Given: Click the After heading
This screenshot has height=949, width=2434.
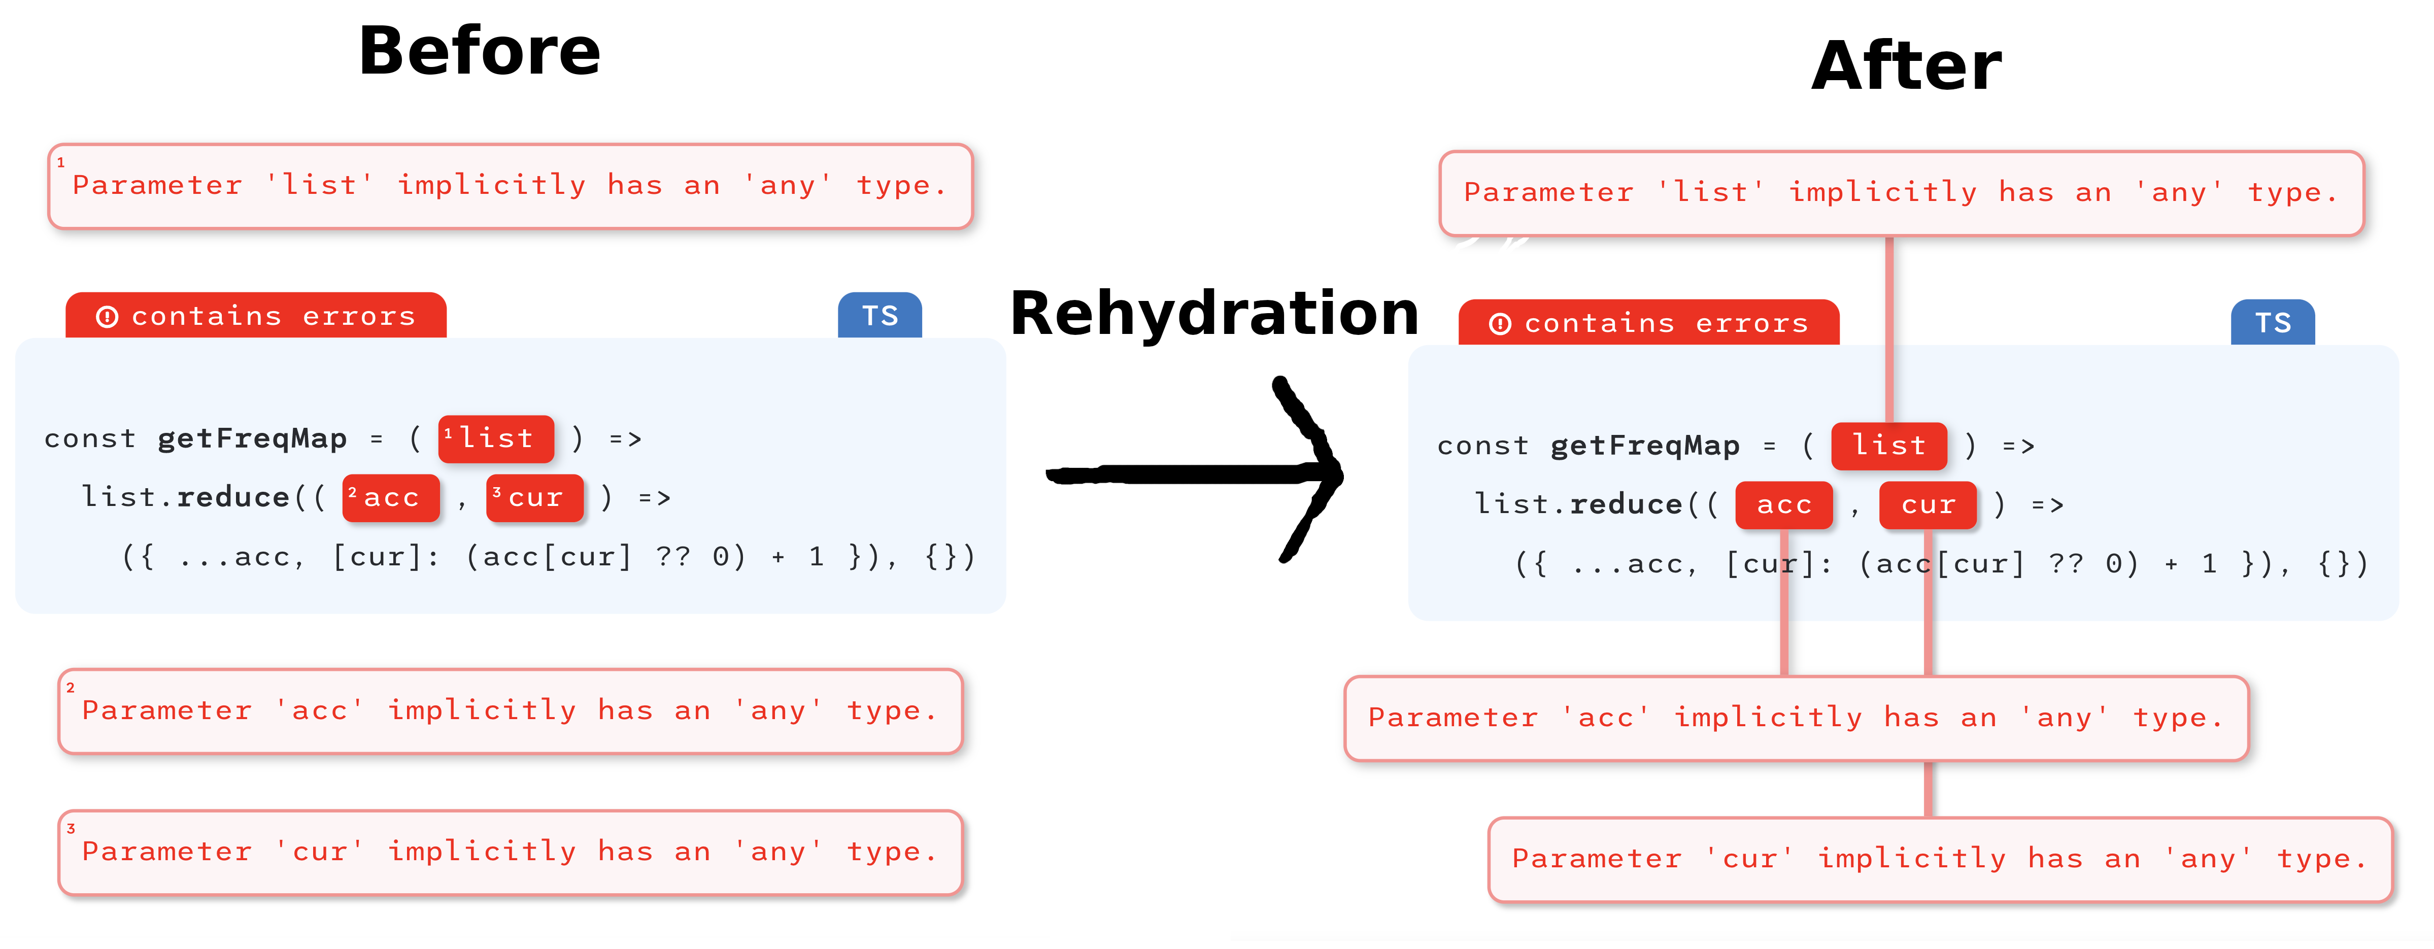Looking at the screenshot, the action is (1907, 66).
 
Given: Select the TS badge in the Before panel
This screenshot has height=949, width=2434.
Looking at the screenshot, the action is (880, 316).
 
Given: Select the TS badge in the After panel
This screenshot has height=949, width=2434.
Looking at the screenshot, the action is (2273, 323).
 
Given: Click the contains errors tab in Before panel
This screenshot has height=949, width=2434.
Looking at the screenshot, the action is (256, 316).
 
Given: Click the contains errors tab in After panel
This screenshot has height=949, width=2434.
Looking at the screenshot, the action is (1649, 323).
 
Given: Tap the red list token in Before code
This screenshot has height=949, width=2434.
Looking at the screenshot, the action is (496, 438).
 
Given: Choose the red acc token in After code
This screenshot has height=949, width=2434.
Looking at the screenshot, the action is (1784, 505).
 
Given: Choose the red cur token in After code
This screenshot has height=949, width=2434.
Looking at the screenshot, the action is (1928, 505).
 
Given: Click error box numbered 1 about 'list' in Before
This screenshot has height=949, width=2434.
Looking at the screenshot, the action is (510, 186).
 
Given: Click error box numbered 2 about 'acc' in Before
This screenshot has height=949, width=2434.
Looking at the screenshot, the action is (510, 711).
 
